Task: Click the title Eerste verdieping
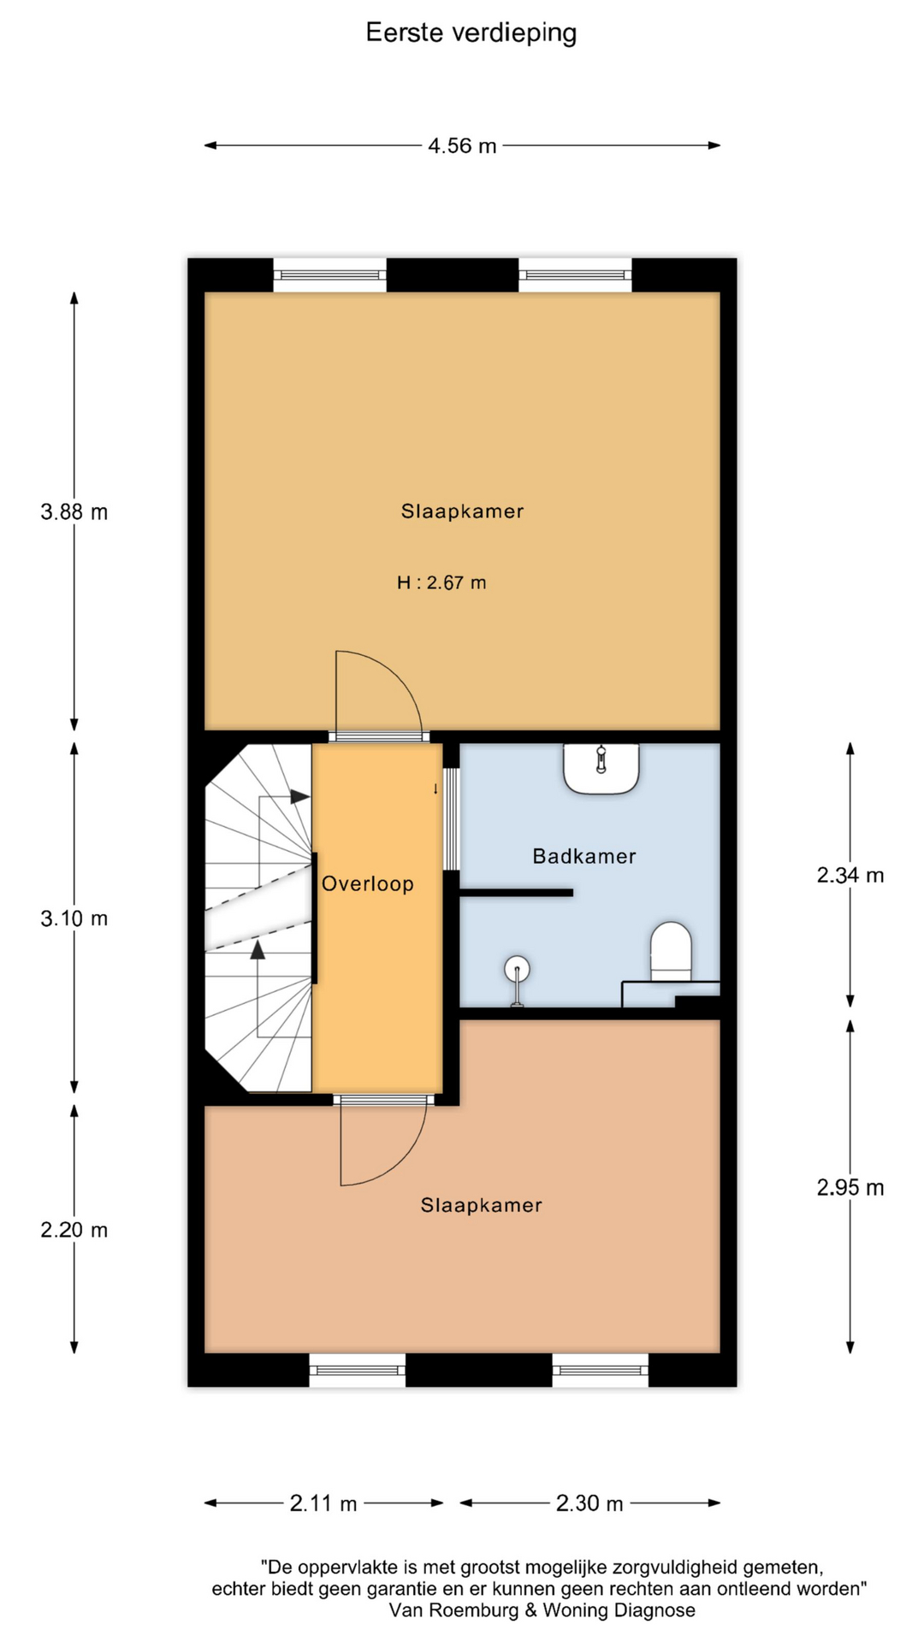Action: [471, 33]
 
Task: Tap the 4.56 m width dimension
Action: [462, 146]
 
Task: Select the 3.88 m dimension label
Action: [74, 512]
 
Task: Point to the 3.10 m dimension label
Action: [74, 919]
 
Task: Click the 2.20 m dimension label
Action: [74, 1231]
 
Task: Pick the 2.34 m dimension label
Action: [850, 875]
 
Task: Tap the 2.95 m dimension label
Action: [850, 1188]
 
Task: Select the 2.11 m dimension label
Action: [323, 1503]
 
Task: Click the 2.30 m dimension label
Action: [589, 1503]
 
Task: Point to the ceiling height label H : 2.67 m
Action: [441, 583]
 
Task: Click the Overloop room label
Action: [368, 884]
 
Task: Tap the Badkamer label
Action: [584, 856]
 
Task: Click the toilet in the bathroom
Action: [671, 951]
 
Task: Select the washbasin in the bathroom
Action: [601, 768]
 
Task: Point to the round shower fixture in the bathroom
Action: [517, 969]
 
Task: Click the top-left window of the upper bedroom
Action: [329, 275]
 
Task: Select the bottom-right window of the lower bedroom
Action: [601, 1370]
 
